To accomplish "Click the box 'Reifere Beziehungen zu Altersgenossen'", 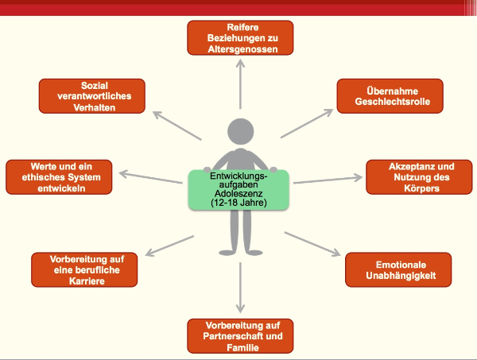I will pyautogui.click(x=240, y=37).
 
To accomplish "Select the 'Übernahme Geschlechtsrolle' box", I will pyautogui.click(x=389, y=95).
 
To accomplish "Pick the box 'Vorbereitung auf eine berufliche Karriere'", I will pyautogui.click(x=83, y=270).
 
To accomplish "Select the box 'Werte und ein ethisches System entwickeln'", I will pyautogui.click(x=60, y=177).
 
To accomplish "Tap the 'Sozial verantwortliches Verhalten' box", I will pyautogui.click(x=91, y=95).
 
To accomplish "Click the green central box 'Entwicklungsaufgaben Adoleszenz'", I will pyautogui.click(x=239, y=189).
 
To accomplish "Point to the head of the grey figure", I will pyautogui.click(x=240, y=133).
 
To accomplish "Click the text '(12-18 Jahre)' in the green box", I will pyautogui.click(x=239, y=203).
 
